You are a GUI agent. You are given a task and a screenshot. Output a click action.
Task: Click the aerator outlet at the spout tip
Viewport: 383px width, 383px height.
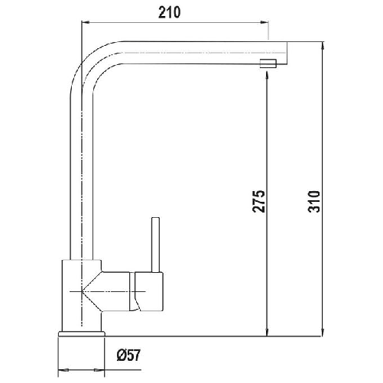267,63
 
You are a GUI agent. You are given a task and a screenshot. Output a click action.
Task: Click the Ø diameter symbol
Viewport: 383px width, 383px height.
122,355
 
